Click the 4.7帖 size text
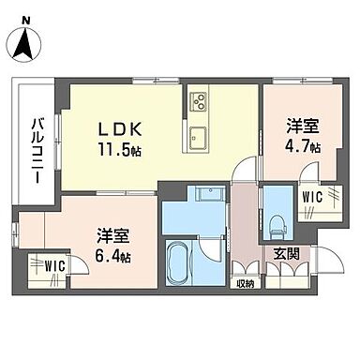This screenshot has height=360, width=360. click(x=301, y=148)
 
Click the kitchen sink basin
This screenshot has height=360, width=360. click(x=199, y=140)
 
